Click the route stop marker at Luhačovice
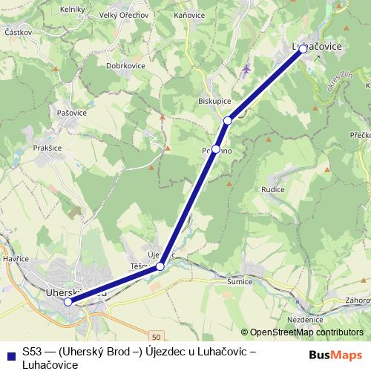[x=303, y=49]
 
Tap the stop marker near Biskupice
[x=228, y=120]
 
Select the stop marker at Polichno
[x=215, y=149]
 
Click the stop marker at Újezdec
[x=160, y=266]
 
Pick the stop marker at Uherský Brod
[x=68, y=302]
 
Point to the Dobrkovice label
[x=125, y=65]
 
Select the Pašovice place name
[x=72, y=112]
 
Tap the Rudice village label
[x=272, y=188]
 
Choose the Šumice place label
[x=240, y=282]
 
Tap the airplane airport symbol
[x=246, y=69]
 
